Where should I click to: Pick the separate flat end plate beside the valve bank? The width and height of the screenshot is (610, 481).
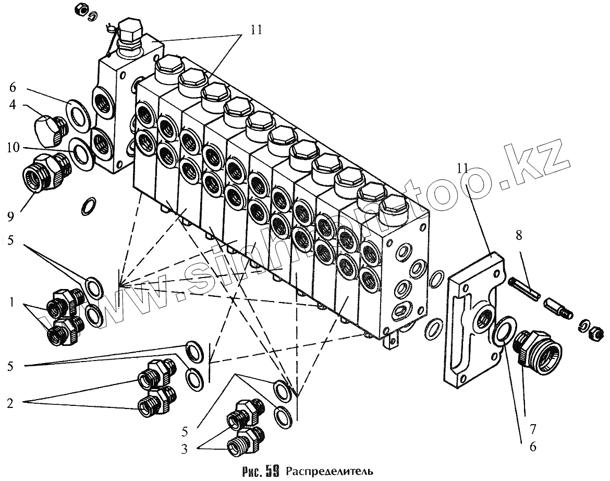[x=472, y=318]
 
